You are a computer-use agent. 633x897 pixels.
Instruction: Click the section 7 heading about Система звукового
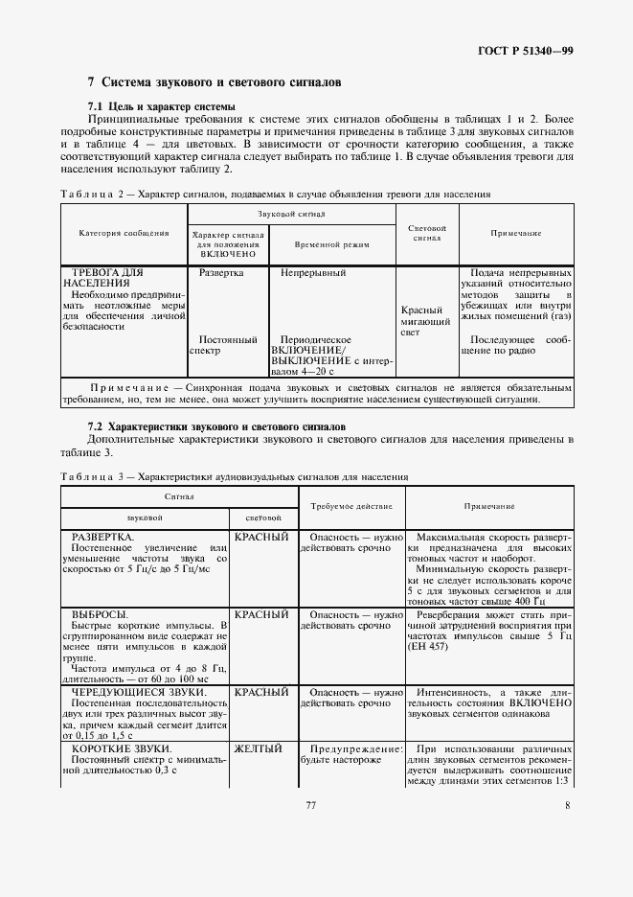point(215,83)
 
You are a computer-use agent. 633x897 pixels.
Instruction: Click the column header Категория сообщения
point(124,233)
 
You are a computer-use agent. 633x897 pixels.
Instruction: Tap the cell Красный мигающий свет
point(422,321)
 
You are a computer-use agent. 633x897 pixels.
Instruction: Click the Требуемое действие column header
point(350,505)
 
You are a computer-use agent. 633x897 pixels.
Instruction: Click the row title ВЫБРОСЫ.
point(101,613)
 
